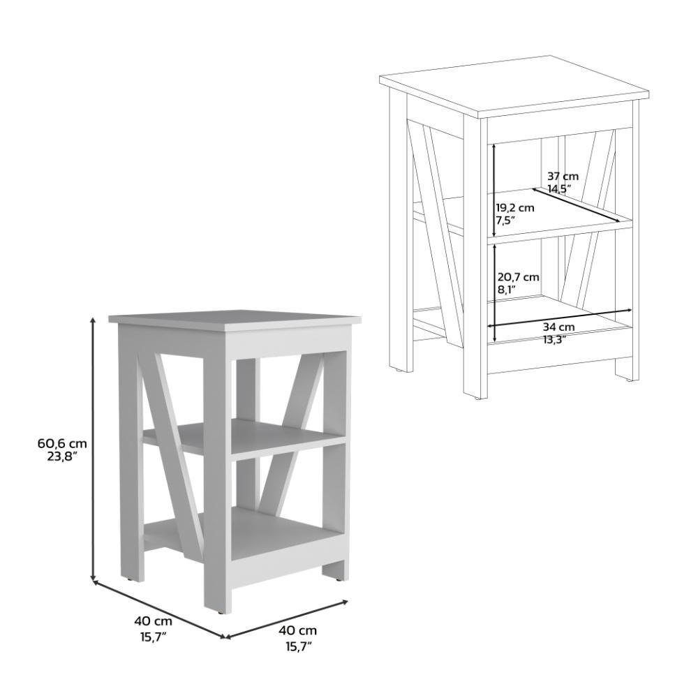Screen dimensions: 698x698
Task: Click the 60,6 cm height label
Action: (x=62, y=443)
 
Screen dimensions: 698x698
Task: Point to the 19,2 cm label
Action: (x=515, y=207)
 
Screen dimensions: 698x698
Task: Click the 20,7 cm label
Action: (x=518, y=277)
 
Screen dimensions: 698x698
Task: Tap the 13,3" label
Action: (x=554, y=340)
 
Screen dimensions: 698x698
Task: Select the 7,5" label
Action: (x=505, y=219)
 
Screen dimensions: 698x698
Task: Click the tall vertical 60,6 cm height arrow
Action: (x=93, y=449)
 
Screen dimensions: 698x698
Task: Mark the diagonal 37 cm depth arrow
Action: (x=576, y=205)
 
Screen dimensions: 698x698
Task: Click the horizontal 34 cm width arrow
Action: (x=560, y=318)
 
